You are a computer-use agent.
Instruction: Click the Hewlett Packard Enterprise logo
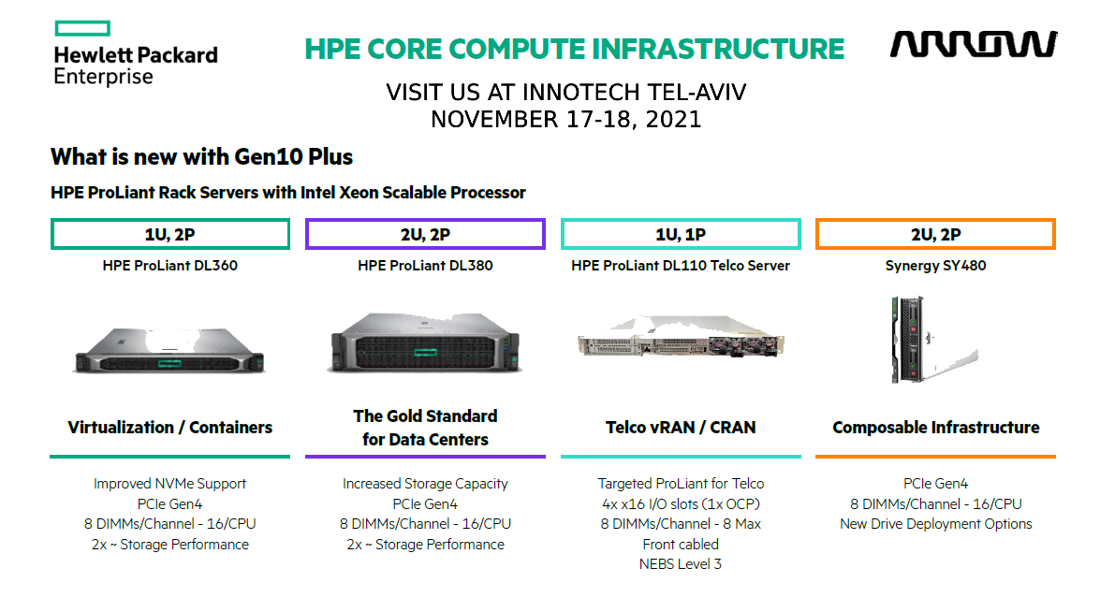pyautogui.click(x=135, y=54)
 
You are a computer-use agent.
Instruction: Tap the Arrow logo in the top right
pyautogui.click(x=974, y=44)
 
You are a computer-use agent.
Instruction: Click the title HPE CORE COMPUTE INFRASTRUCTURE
pyautogui.click(x=575, y=49)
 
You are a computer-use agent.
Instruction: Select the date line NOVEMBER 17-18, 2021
pyautogui.click(x=565, y=120)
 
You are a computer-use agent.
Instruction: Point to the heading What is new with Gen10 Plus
pyautogui.click(x=201, y=156)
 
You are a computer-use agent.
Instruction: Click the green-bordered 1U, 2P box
pyautogui.click(x=169, y=234)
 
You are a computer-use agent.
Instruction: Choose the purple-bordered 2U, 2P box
pyautogui.click(x=425, y=234)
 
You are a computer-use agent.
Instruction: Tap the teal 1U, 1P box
pyautogui.click(x=681, y=234)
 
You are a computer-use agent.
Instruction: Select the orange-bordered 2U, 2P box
pyautogui.click(x=935, y=234)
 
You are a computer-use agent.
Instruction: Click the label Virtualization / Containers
pyautogui.click(x=169, y=428)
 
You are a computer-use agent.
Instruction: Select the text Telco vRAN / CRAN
pyautogui.click(x=681, y=428)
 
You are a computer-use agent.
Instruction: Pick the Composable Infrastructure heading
pyautogui.click(x=935, y=428)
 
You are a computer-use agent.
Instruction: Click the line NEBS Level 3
pyautogui.click(x=681, y=564)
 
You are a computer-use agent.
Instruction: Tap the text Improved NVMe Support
pyautogui.click(x=169, y=484)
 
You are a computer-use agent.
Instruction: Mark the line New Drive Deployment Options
pyautogui.click(x=935, y=524)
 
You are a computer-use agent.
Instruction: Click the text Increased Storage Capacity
pyautogui.click(x=425, y=484)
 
